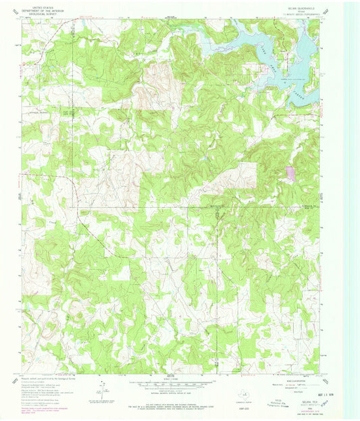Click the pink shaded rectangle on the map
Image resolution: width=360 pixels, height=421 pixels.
click(290, 173)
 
